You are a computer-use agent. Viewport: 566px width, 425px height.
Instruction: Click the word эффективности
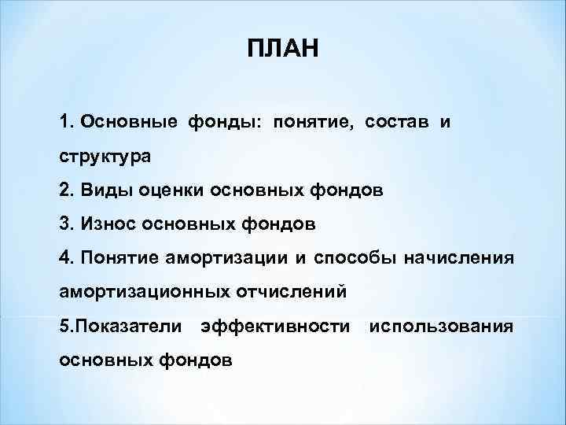coord(275,326)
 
